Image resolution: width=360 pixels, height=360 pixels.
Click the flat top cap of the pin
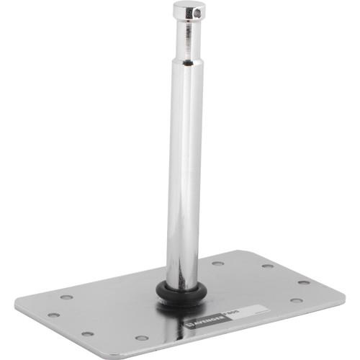click(189, 6)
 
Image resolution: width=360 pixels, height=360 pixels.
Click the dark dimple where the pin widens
click(185, 62)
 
